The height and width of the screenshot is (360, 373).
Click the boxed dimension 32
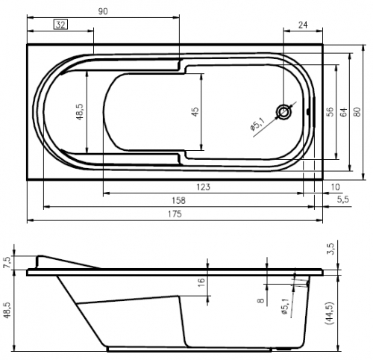point(60,25)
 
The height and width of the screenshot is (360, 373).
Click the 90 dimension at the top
point(103,11)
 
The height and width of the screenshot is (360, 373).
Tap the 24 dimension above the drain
point(303,25)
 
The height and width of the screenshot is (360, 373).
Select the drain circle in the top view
point(283,112)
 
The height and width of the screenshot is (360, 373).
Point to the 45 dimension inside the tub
point(195,112)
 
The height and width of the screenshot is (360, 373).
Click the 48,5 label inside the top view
point(81,112)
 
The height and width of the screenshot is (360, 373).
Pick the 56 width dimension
point(330,112)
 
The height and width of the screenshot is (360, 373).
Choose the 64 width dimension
point(343,112)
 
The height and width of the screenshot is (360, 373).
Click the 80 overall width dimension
point(357,112)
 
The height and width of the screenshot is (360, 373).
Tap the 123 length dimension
point(203,187)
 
